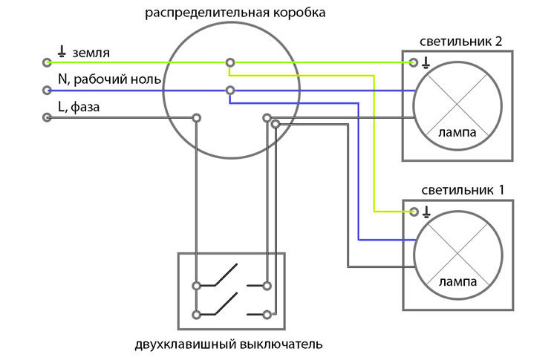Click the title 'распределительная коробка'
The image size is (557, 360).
235,13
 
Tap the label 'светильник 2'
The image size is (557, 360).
460,42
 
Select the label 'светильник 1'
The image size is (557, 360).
463,190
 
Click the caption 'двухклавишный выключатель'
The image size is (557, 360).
229,344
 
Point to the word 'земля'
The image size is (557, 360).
91,53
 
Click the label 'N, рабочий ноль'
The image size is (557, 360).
109,79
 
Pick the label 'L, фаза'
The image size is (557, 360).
79,107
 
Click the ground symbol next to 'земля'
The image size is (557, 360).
62,51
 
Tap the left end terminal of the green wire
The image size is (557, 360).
47,63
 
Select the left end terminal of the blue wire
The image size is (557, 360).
47,91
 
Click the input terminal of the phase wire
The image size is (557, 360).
47,117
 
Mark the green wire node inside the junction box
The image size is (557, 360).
230,63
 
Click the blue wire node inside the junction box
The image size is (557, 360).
230,91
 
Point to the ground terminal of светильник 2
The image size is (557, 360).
413,63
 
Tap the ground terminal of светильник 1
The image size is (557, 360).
414,212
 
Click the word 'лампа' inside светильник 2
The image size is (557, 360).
457,132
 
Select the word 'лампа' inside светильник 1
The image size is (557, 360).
458,282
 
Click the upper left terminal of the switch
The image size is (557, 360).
196,286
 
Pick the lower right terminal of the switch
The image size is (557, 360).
267,315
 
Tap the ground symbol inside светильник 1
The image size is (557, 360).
426,212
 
